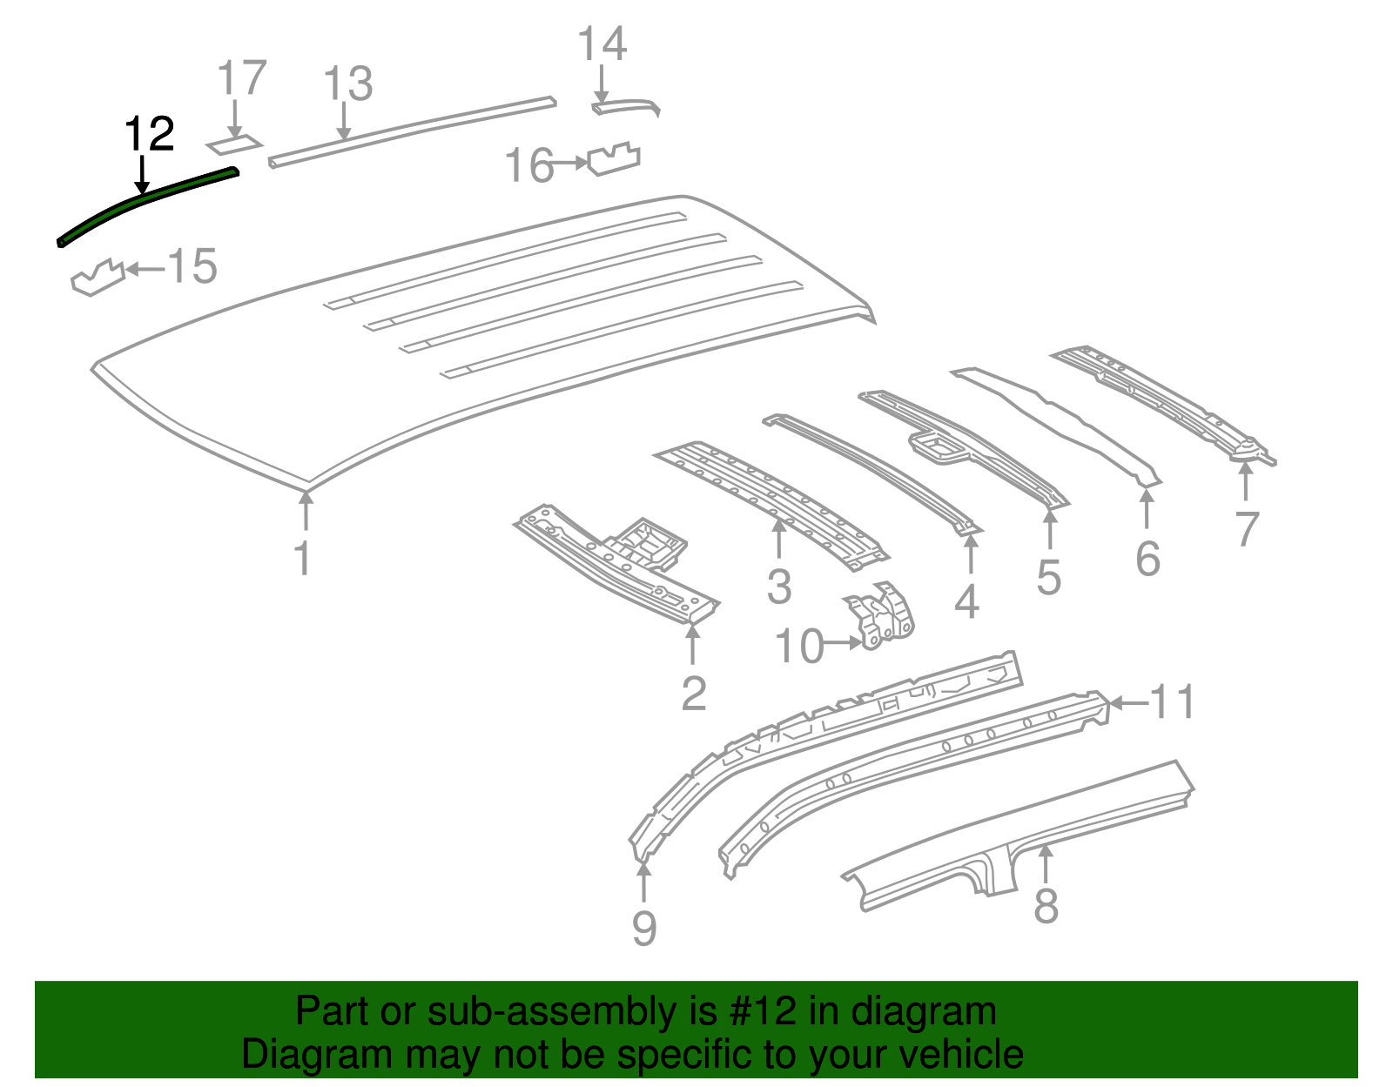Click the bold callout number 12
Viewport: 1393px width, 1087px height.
150,134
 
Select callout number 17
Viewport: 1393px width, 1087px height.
242,78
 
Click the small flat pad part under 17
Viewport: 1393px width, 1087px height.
234,144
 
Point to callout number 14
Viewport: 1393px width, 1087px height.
602,44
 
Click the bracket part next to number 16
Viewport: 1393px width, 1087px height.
614,158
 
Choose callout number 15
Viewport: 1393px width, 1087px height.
192,265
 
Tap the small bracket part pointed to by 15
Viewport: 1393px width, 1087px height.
98,278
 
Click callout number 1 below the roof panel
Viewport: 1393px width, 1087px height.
303,558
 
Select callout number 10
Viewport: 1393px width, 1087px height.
798,646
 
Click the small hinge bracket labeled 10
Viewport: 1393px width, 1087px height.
879,616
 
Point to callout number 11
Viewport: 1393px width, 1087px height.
1173,702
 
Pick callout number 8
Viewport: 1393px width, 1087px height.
1046,905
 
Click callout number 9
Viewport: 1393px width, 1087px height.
644,928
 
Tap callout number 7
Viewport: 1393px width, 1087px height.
1247,528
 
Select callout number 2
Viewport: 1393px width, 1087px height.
694,693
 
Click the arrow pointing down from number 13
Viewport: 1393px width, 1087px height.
345,121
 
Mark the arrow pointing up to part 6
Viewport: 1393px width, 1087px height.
1147,509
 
